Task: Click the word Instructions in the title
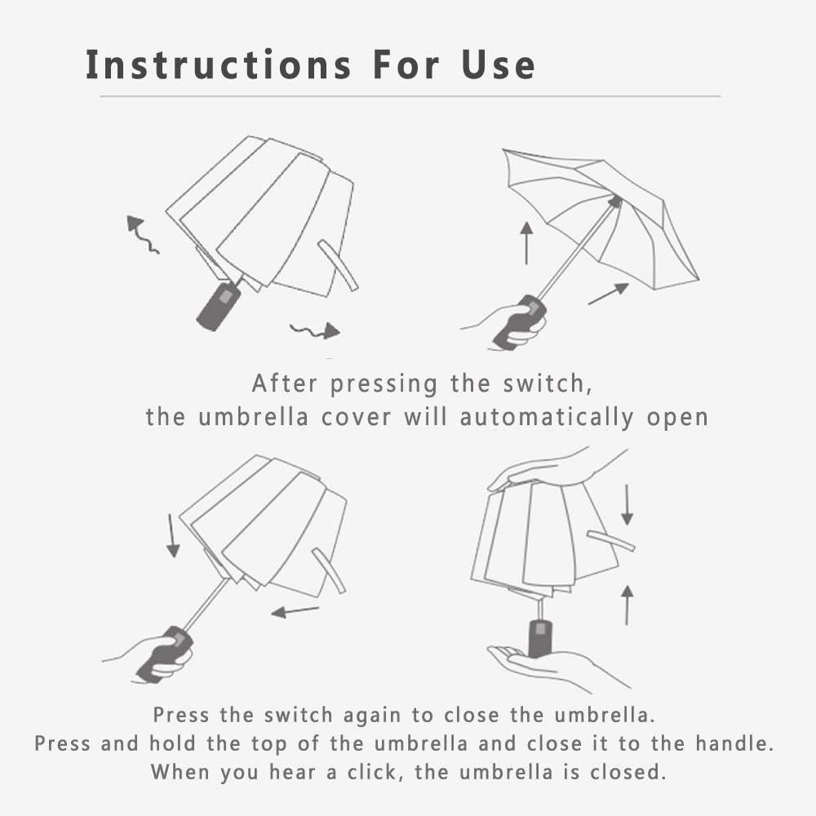(x=219, y=64)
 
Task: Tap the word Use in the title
(x=498, y=64)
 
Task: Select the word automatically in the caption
(x=547, y=417)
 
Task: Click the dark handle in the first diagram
(x=219, y=307)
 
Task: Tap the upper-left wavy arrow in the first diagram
(x=141, y=235)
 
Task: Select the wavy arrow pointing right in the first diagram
(x=315, y=330)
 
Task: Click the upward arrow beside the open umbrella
(x=526, y=243)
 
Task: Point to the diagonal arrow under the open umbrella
(x=609, y=294)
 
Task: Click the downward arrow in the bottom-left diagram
(x=172, y=535)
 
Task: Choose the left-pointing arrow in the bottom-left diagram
(x=295, y=611)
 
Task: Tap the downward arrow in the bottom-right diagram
(x=627, y=505)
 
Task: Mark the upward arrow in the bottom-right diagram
(x=627, y=605)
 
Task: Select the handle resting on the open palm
(x=539, y=637)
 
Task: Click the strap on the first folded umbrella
(x=339, y=265)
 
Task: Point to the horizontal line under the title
(x=410, y=96)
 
